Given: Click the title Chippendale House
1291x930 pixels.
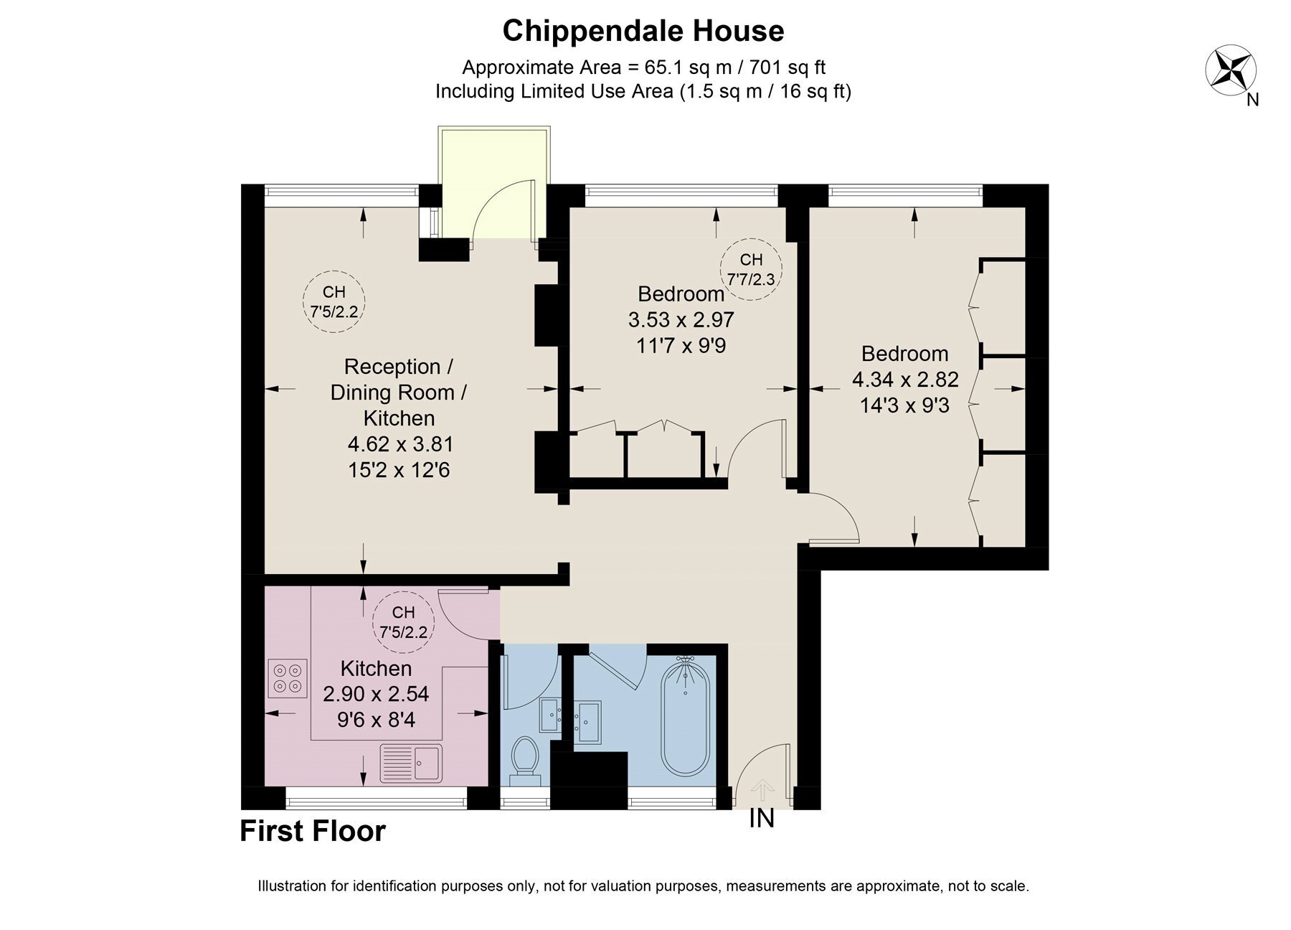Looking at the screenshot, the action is [x=643, y=31].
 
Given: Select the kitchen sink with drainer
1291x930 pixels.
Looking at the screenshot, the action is [x=412, y=762].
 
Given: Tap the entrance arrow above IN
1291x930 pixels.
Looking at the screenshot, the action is [x=762, y=792].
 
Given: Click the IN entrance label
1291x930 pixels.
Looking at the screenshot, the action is [x=762, y=818].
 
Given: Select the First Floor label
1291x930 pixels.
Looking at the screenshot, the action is [x=313, y=831].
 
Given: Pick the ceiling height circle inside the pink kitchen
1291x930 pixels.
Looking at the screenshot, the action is [x=404, y=621].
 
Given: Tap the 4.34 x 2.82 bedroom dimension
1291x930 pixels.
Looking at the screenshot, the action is [x=905, y=380].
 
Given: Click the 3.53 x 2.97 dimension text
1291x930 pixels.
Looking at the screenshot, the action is [x=681, y=319].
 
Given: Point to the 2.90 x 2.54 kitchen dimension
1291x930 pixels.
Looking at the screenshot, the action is [x=376, y=694].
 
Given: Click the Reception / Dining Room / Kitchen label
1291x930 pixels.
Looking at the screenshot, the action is [x=399, y=393].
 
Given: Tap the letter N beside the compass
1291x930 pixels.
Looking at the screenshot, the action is [x=1252, y=100].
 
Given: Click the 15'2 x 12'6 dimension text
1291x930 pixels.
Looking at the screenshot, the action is [x=399, y=470].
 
